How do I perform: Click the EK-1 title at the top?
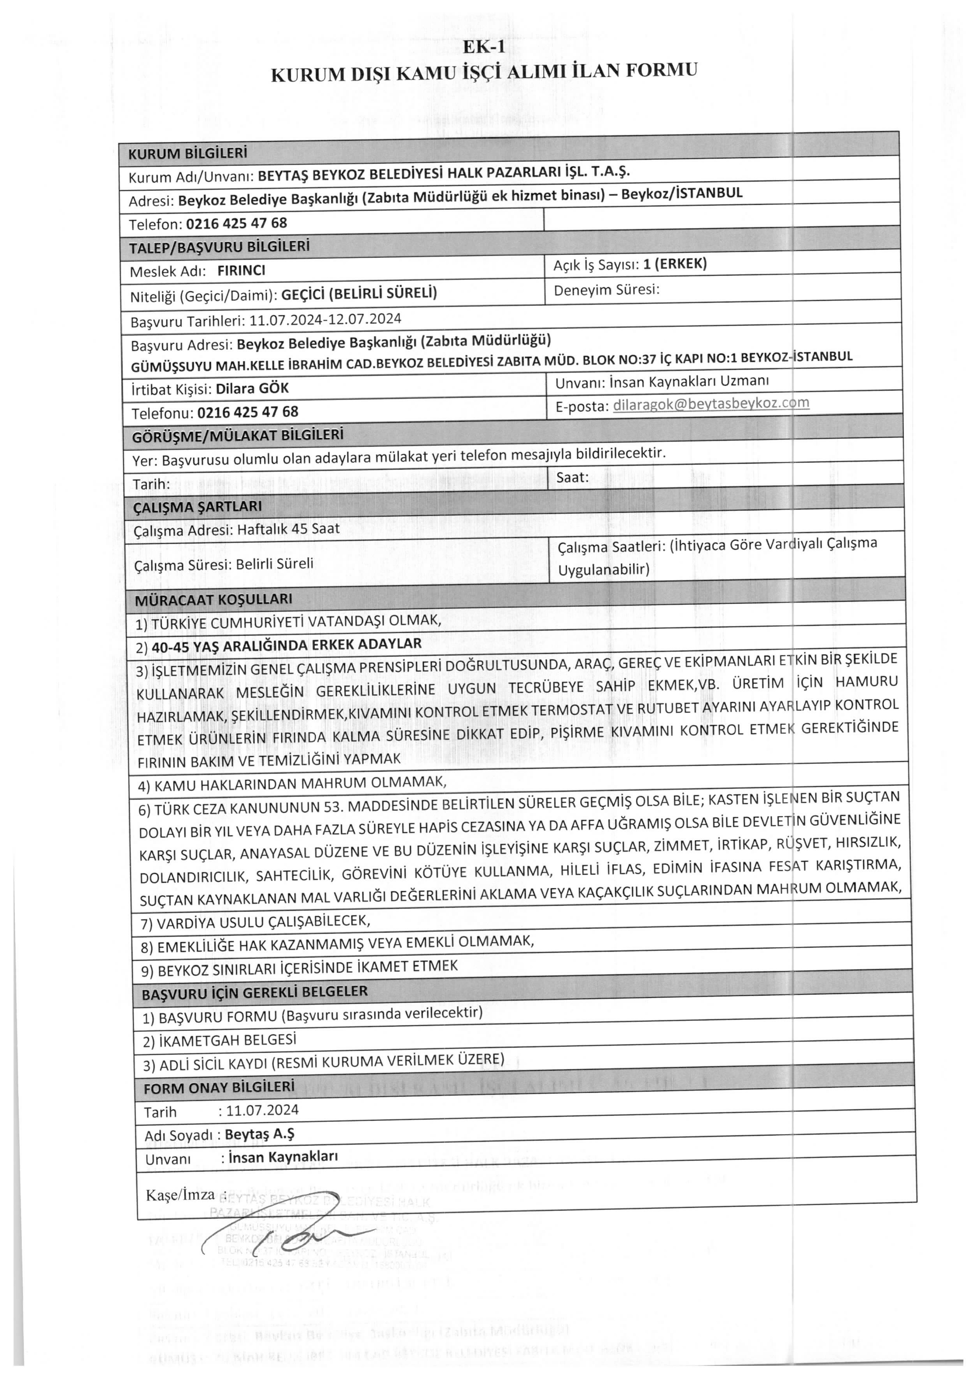(x=484, y=47)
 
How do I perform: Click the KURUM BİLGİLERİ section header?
(x=188, y=153)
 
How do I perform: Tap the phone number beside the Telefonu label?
(x=247, y=412)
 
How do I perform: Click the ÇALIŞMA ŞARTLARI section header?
(x=197, y=506)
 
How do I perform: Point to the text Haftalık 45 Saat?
(x=288, y=529)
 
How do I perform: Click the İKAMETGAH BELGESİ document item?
(x=220, y=1040)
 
